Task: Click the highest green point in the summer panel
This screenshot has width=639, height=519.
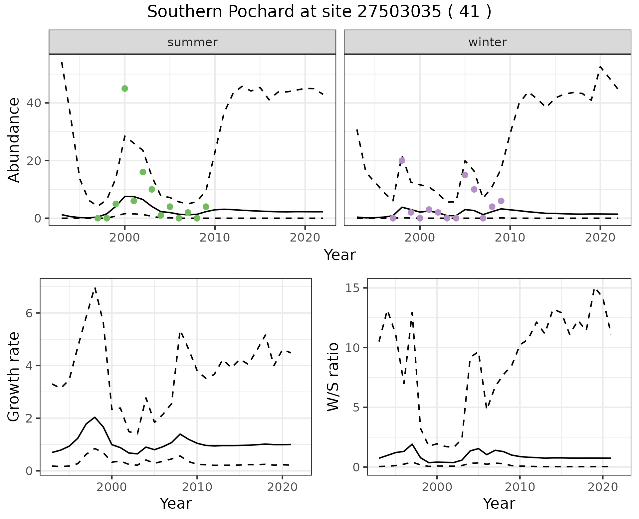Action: point(125,88)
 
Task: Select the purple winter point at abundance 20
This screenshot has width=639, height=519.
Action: point(402,161)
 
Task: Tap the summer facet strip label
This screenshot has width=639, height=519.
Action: point(192,42)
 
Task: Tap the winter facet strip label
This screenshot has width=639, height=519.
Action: point(487,42)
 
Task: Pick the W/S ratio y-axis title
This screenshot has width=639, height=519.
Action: point(333,377)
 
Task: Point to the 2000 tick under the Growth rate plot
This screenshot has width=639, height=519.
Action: point(112,487)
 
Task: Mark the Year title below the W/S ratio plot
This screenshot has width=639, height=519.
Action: point(499,503)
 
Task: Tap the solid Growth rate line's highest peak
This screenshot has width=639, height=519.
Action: point(95,417)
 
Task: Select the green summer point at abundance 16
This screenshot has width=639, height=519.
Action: point(143,172)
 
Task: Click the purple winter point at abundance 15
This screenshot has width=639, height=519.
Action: point(465,175)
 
